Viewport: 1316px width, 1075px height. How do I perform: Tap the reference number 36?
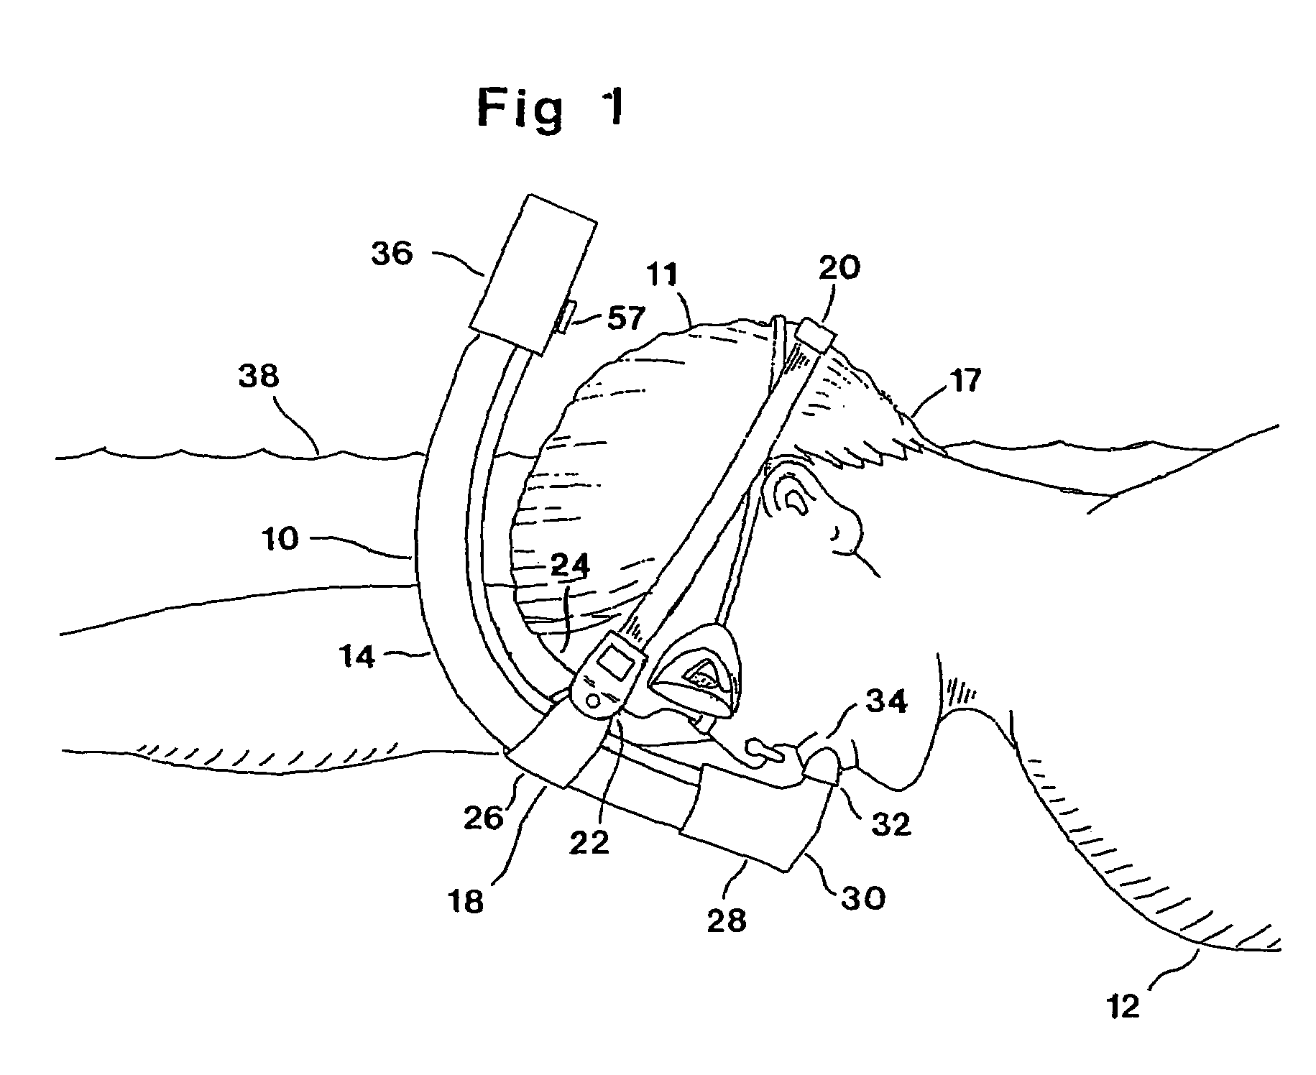392,254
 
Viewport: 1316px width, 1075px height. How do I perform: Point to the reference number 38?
259,377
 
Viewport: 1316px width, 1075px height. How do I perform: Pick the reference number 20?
839,268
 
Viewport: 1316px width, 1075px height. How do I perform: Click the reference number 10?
280,539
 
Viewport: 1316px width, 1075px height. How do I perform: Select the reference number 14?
357,657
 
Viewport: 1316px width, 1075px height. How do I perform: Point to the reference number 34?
886,701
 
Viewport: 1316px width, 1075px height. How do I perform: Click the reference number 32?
891,824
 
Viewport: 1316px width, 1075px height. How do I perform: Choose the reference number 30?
864,898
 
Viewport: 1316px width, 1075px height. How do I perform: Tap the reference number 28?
727,921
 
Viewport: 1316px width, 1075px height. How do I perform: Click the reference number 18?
466,901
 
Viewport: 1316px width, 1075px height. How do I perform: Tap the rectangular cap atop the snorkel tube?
533,273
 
